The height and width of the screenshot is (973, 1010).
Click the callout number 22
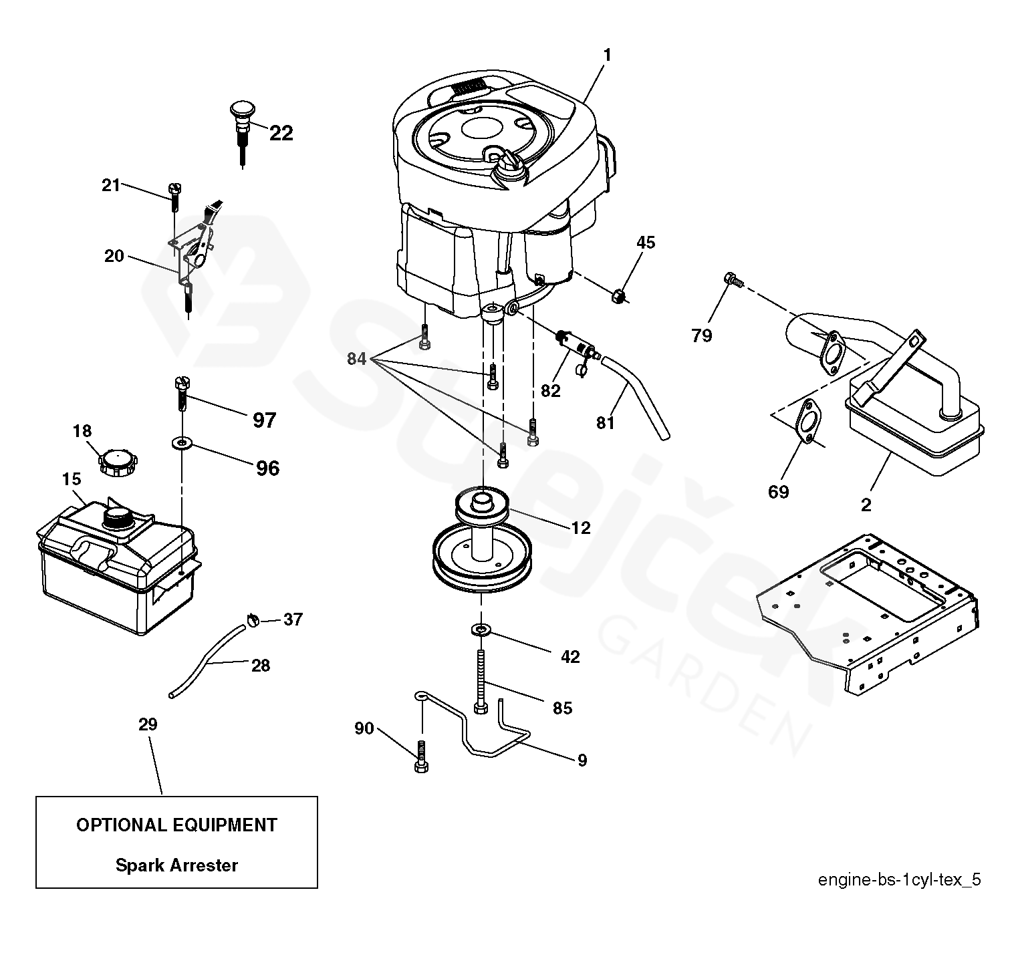click(281, 133)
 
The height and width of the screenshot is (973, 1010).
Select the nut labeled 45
click(620, 294)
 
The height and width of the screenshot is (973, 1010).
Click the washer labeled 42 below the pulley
click(480, 629)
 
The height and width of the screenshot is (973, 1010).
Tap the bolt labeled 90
click(421, 756)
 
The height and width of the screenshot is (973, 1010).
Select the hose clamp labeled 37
click(252, 619)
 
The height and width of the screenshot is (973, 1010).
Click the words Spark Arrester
click(176, 865)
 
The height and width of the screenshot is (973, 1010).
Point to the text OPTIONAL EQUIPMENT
click(176, 825)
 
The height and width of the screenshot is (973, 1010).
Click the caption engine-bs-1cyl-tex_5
click(899, 879)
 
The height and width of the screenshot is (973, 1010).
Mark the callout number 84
click(356, 359)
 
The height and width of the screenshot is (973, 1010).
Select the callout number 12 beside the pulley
click(581, 528)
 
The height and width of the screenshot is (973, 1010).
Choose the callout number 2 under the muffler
click(866, 505)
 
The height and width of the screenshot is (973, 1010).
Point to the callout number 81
click(605, 422)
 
